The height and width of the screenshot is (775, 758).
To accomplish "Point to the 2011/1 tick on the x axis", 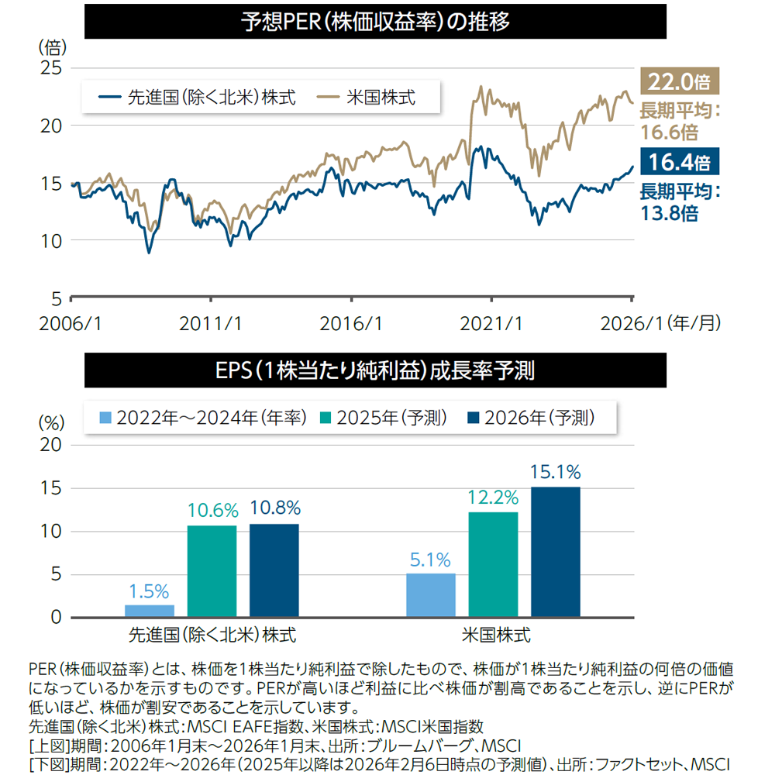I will [212, 323].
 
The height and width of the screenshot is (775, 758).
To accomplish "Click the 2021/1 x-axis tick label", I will [492, 323].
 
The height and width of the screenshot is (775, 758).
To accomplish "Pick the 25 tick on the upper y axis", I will [50, 68].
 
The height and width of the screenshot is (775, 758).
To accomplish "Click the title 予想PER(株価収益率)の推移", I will [375, 21].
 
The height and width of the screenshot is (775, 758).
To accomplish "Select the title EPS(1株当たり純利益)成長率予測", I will [375, 370].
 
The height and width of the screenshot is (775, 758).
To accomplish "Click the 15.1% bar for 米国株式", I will [555, 552].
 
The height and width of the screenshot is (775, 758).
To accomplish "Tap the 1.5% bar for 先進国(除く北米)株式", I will [149, 611].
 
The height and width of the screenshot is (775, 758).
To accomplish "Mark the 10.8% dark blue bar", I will [274, 570].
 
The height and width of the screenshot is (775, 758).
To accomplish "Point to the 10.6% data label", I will [212, 511].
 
